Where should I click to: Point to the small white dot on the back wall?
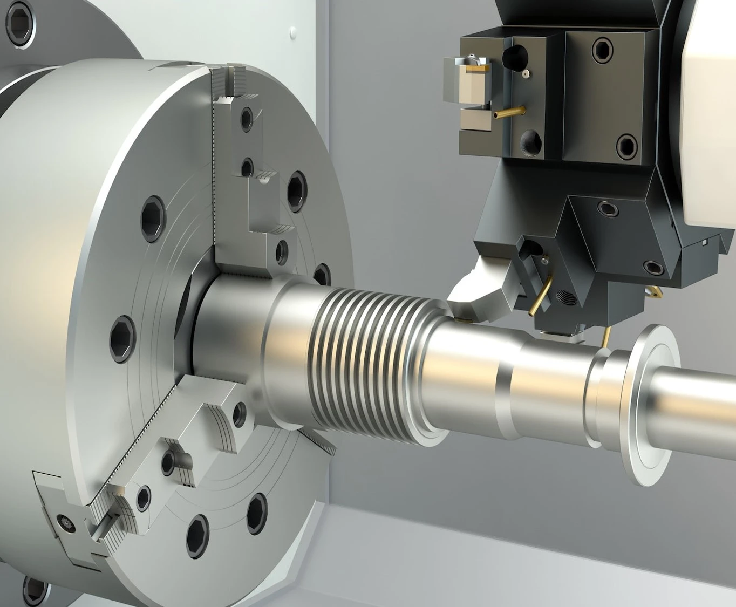tap(292, 32)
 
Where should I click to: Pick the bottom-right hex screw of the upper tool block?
tap(626, 145)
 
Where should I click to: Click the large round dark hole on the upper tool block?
tap(514, 54)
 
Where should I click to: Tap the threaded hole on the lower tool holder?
tap(564, 296)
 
